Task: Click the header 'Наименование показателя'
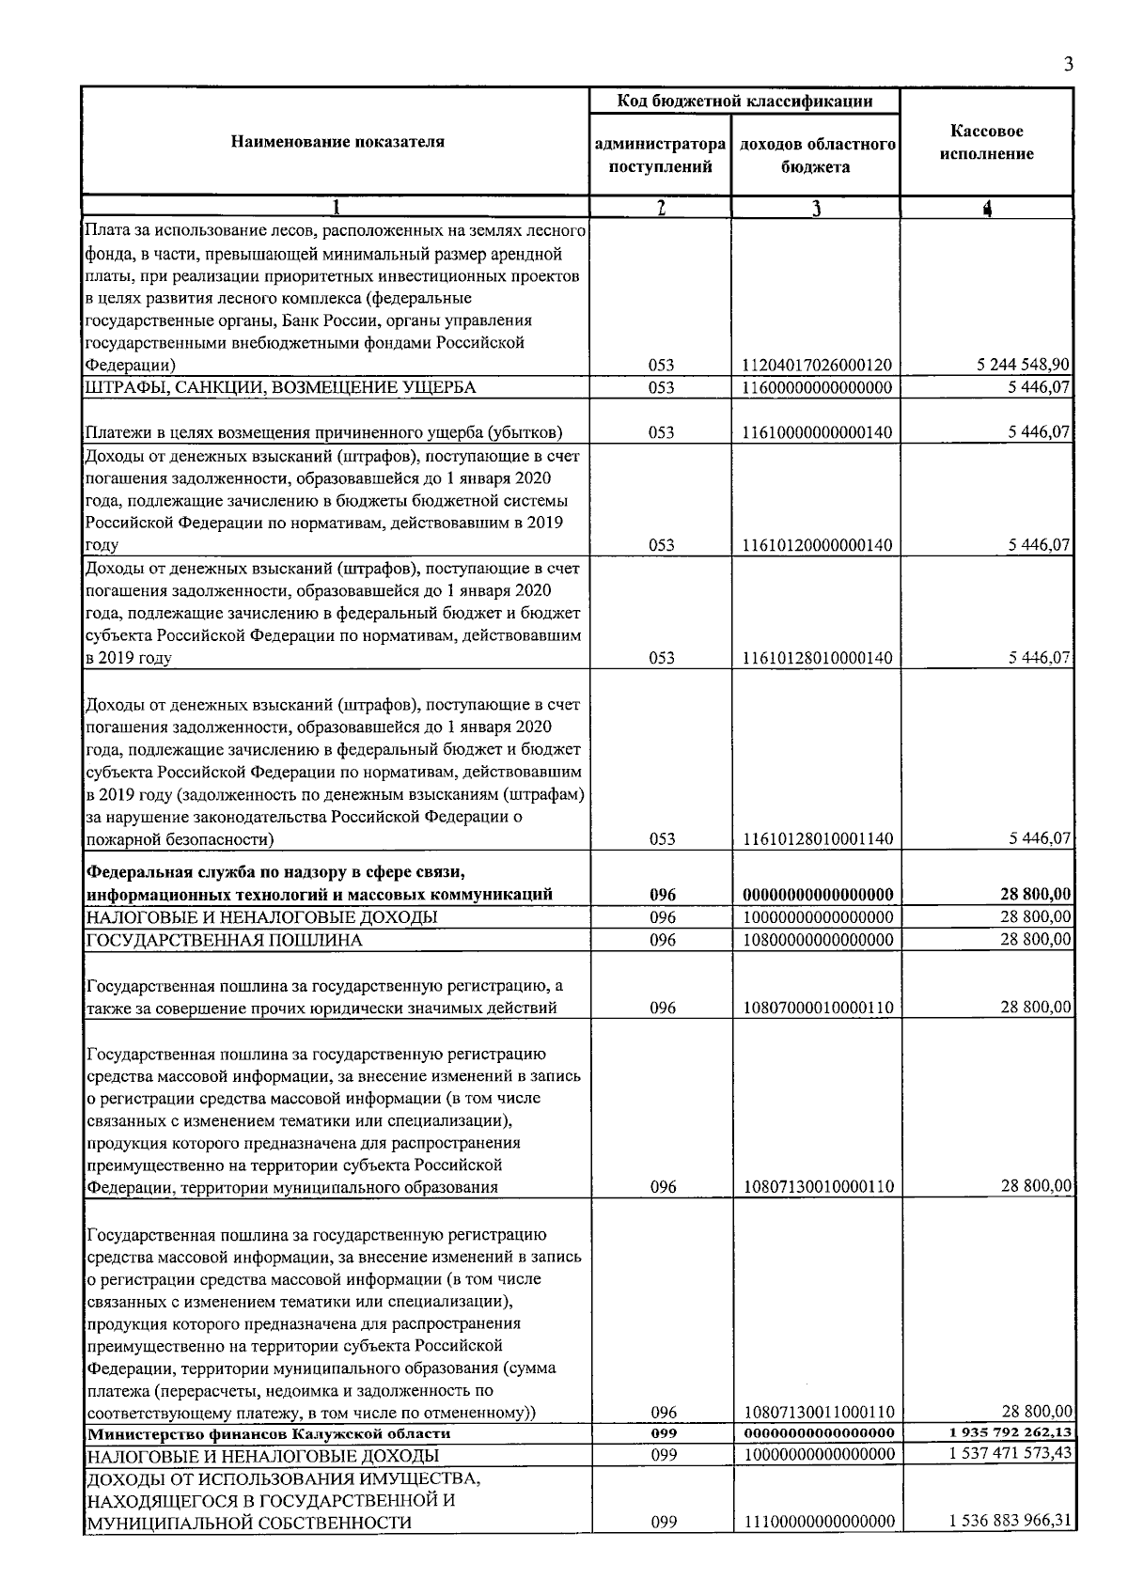pos(337,142)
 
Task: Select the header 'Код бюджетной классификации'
pos(744,102)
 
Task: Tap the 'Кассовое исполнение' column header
pos(986,143)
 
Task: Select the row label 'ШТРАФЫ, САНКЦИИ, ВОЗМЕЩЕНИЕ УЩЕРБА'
pos(281,387)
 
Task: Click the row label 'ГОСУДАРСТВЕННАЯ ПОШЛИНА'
pos(225,940)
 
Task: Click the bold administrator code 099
pos(664,1433)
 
